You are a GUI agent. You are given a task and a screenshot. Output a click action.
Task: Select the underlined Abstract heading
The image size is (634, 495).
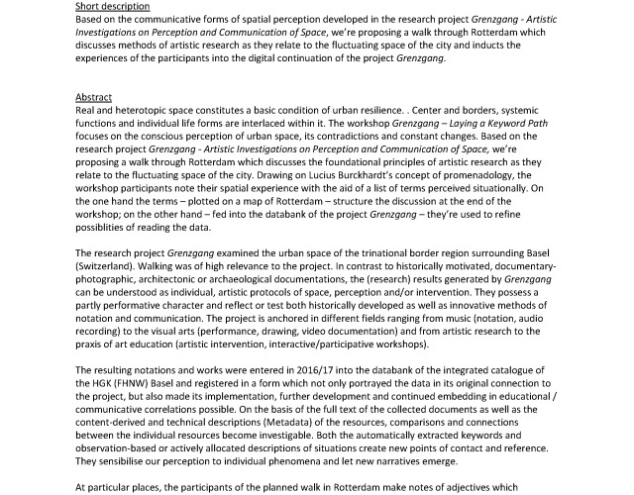95,97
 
